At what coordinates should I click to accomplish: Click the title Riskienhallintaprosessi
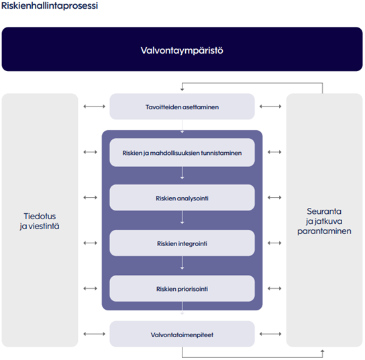click(x=50, y=6)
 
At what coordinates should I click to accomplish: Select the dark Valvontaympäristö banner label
click(x=182, y=50)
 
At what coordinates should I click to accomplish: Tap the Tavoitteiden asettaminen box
click(x=182, y=107)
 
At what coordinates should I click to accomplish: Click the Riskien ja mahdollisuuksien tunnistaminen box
click(x=182, y=152)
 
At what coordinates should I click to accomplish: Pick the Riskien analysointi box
click(x=182, y=198)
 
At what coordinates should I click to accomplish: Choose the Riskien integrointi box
click(x=182, y=243)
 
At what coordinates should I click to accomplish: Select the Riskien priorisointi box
click(x=182, y=289)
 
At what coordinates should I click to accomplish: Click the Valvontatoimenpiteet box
click(x=182, y=334)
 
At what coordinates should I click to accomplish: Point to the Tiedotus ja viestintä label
click(x=40, y=221)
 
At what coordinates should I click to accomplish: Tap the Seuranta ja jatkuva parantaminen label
click(x=324, y=221)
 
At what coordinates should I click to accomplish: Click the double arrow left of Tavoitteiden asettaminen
click(x=95, y=107)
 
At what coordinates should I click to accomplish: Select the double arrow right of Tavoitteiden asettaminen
click(x=270, y=107)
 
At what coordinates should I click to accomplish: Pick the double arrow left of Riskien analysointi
click(x=91, y=198)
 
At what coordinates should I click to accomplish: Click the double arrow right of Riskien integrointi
click(x=274, y=243)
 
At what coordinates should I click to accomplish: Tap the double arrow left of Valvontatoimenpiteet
click(x=95, y=334)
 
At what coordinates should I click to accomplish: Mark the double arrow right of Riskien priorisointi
click(x=274, y=288)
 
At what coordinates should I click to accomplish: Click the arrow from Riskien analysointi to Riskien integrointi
click(x=182, y=217)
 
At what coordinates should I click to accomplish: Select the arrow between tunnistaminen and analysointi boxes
click(x=182, y=173)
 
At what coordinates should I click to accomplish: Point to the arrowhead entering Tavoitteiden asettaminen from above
click(x=182, y=89)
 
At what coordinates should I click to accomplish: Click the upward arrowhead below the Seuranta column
click(x=323, y=351)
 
